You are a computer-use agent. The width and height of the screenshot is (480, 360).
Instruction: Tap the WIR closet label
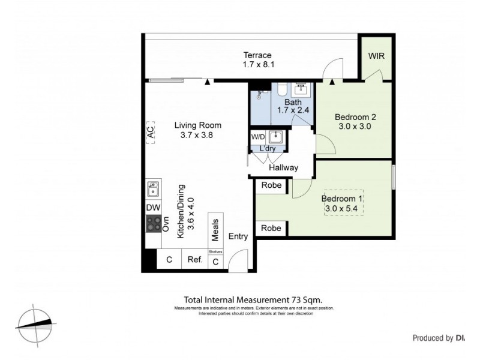[x=376, y=56]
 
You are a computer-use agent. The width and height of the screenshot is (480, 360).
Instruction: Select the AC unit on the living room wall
[x=150, y=132]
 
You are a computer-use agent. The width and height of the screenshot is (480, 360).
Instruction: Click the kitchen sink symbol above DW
[x=153, y=190]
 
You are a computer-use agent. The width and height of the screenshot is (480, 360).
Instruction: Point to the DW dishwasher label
[x=153, y=208]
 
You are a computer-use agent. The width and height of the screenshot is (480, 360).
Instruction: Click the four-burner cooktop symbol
[x=153, y=224]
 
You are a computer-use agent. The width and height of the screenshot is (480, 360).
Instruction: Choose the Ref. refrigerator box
[x=194, y=260]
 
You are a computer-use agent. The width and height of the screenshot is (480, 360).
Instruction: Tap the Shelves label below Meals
[x=215, y=251]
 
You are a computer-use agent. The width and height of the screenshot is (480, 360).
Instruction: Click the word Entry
[x=238, y=236]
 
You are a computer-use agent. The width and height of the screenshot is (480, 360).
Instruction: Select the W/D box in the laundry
[x=257, y=136]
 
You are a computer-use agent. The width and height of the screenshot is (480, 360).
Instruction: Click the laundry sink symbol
[x=275, y=136]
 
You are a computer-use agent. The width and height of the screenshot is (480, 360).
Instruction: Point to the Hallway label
[x=283, y=167]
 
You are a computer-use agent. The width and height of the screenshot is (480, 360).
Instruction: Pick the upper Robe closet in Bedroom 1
[x=271, y=185]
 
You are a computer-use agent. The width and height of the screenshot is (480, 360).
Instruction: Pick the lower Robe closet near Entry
[x=271, y=228]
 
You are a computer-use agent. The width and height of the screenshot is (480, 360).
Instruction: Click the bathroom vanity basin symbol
[x=300, y=91]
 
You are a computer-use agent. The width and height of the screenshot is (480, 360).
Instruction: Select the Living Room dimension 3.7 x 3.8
[x=197, y=136]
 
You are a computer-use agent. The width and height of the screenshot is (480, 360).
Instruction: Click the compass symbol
[x=35, y=324]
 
